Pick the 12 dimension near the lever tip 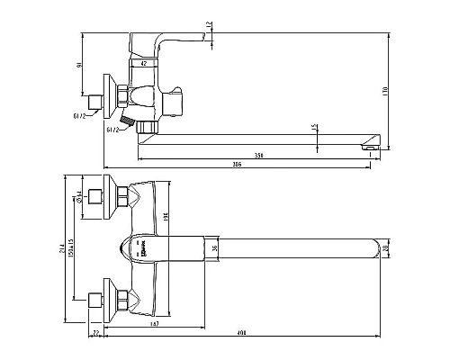(210, 25)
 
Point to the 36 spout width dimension (214, 248)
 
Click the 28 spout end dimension (386, 247)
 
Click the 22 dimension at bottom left (96, 333)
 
